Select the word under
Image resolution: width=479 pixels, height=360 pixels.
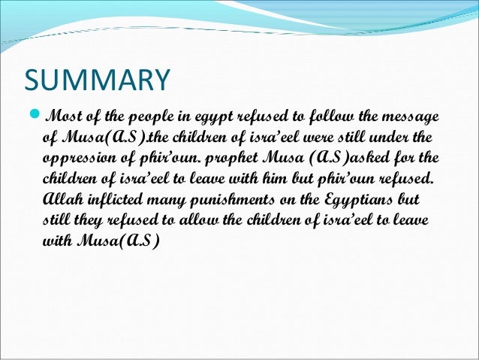point(402,139)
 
